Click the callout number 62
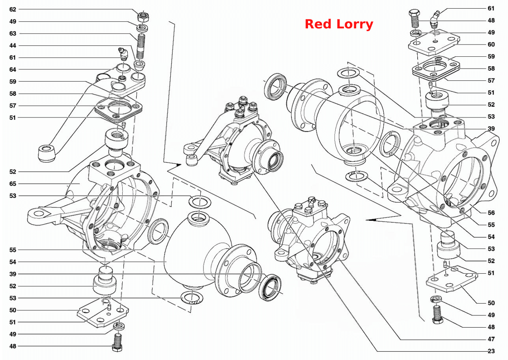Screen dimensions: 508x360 (x=13, y=9)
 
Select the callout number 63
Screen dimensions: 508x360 (x=13, y=34)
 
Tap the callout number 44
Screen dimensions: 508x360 (x=13, y=46)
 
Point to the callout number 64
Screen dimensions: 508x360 (x=13, y=70)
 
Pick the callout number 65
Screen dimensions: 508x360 (x=13, y=184)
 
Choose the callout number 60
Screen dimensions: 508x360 (x=491, y=45)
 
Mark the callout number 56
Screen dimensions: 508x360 (x=491, y=213)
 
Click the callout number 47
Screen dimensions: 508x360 (x=491, y=339)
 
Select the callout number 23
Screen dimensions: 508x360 (x=491, y=351)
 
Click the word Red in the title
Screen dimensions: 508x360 (x=318, y=24)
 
